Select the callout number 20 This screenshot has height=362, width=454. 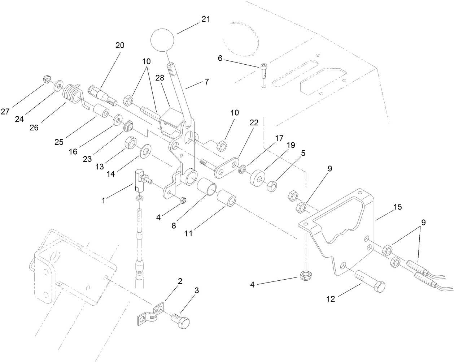point(119,46)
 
